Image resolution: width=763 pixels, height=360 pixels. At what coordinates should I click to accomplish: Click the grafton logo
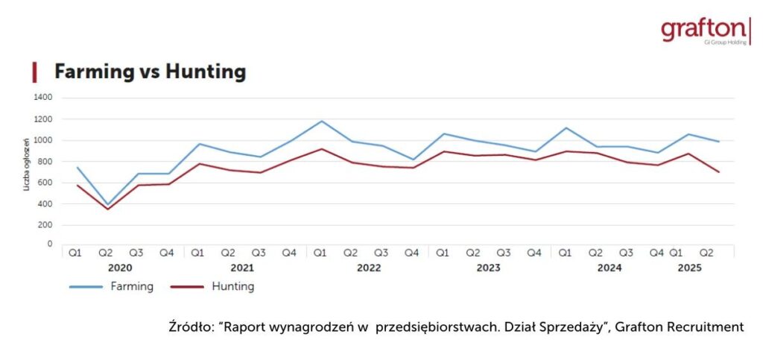click(703, 31)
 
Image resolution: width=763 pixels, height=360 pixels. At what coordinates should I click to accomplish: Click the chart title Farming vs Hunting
click(150, 72)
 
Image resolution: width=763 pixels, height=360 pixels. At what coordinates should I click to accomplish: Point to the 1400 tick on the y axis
click(42, 98)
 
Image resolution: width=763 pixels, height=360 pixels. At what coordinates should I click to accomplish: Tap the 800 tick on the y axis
click(45, 162)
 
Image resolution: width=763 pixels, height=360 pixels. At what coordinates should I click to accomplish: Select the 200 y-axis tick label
click(45, 225)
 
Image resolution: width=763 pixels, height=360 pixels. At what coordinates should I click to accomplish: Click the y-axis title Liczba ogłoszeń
click(27, 163)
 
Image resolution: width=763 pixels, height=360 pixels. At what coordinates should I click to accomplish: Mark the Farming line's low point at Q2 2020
click(106, 204)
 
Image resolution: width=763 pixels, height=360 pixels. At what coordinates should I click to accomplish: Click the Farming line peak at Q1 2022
click(321, 121)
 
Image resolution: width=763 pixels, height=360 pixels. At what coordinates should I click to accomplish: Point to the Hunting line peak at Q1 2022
click(321, 149)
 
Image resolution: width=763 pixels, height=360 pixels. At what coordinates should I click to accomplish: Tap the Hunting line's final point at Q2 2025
click(718, 172)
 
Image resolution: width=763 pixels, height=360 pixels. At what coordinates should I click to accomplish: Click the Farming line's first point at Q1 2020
click(76, 167)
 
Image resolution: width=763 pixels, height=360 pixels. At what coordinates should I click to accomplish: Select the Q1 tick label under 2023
click(443, 253)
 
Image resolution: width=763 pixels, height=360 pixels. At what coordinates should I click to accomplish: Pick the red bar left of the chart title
click(34, 72)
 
